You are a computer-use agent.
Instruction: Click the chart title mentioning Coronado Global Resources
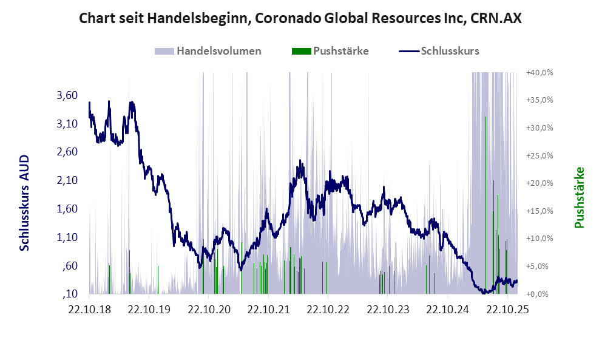coord(300,19)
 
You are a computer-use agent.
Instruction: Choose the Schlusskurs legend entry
coord(439,51)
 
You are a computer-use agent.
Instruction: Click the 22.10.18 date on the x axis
coord(89,309)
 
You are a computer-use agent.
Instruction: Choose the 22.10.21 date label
coord(268,309)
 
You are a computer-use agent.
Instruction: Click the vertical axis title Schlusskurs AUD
coord(24,203)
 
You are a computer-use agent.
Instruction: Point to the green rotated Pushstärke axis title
coord(579,198)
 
